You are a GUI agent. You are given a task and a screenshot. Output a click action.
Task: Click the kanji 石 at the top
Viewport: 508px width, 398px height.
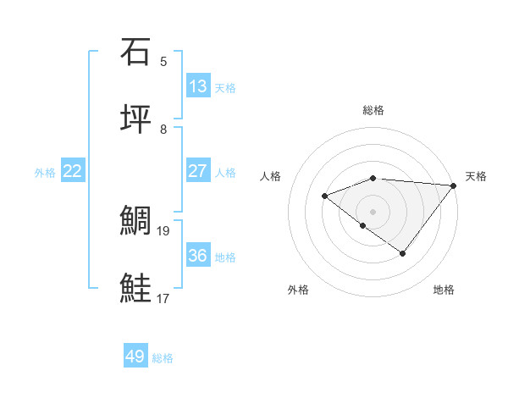click(135, 53)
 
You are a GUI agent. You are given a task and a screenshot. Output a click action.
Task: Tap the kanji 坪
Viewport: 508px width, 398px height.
click(135, 119)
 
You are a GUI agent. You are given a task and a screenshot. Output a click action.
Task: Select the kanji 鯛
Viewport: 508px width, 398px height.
click(135, 221)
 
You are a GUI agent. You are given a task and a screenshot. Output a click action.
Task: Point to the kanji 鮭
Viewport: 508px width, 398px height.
click(135, 289)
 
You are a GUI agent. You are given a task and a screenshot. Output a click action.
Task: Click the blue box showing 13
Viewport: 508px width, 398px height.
click(198, 86)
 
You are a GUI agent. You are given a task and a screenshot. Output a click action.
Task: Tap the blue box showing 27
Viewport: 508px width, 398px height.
click(198, 171)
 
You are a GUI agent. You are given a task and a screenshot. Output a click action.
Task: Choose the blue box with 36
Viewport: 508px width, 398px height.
click(198, 256)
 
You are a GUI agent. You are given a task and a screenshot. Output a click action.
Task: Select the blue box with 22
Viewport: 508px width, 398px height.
click(73, 171)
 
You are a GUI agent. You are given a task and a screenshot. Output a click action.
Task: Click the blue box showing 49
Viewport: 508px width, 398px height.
click(135, 357)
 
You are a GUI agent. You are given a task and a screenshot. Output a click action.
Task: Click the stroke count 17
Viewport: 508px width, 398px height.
click(163, 298)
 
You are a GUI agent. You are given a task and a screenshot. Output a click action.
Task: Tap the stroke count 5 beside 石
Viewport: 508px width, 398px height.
click(163, 62)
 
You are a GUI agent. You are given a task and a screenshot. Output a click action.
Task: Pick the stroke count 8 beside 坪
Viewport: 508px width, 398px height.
click(163, 130)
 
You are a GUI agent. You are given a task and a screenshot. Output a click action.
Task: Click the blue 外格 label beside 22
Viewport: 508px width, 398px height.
click(45, 173)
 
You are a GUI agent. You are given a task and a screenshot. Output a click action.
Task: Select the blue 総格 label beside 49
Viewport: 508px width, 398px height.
click(163, 358)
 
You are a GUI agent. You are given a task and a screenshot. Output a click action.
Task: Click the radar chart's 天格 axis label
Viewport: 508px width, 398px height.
click(476, 176)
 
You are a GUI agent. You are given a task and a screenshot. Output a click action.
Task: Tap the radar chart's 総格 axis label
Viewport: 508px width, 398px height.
click(373, 110)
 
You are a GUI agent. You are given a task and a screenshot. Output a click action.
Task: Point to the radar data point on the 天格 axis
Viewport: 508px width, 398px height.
click(454, 185)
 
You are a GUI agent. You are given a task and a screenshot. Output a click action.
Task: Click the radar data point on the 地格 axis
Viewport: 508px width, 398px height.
click(403, 253)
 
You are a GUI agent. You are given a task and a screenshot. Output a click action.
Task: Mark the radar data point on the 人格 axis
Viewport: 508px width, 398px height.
click(324, 196)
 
